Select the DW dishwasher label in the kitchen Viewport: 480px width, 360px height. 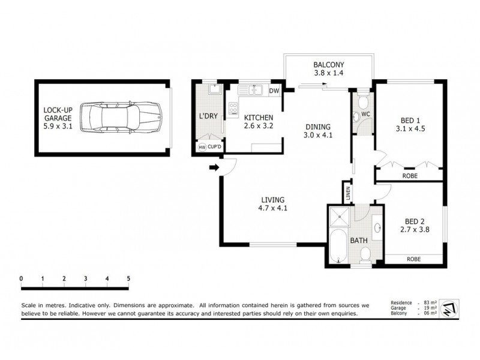click(x=274, y=91)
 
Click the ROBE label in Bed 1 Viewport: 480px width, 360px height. click(x=411, y=176)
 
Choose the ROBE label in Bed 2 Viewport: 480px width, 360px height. click(x=413, y=259)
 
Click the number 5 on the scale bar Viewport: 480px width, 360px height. click(x=128, y=278)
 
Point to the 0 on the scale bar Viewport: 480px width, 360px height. click(x=21, y=278)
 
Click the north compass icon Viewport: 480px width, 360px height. click(x=448, y=309)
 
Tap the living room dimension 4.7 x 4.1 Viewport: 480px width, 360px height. click(x=272, y=209)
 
